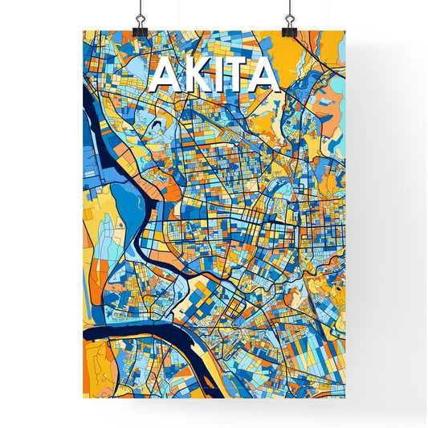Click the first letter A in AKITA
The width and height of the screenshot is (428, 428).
point(163,76)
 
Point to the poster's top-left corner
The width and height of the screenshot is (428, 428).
point(83,31)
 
